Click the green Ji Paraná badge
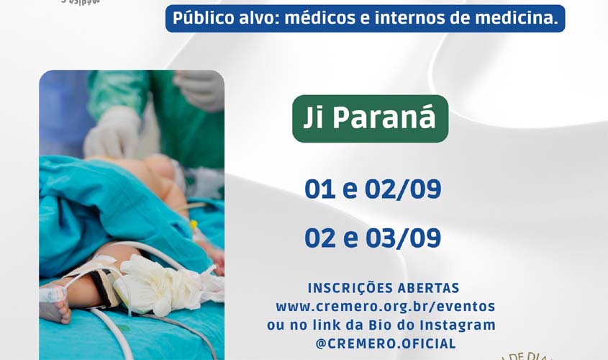coord(370,119)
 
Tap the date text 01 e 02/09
coord(372,189)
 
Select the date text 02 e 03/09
coord(372,238)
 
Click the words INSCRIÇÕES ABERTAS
coord(384,288)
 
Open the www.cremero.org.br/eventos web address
coord(385,306)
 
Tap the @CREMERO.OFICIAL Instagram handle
coord(386,343)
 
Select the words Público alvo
coord(224,19)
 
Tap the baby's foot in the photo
coord(55,307)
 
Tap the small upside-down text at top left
coord(81,2)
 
